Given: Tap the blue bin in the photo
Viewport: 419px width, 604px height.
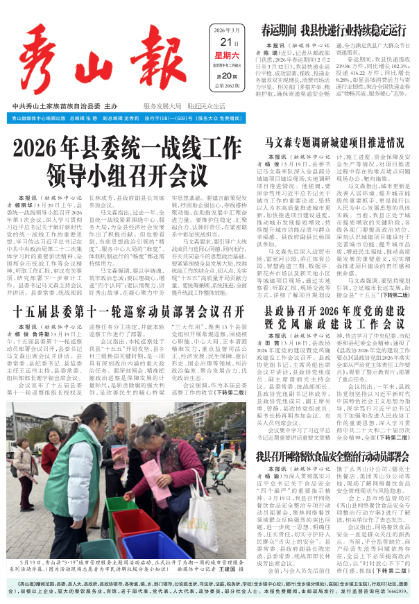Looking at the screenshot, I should pyautogui.click(x=156, y=544).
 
